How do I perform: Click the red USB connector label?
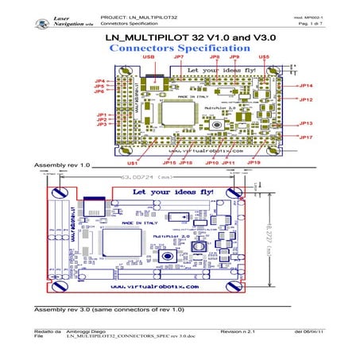149,58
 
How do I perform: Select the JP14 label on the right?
306,86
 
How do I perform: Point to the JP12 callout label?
306,100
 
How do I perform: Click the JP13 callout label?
306,124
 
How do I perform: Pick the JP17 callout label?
306,137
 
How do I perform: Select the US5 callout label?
264,58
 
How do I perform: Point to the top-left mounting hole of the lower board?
57,193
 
